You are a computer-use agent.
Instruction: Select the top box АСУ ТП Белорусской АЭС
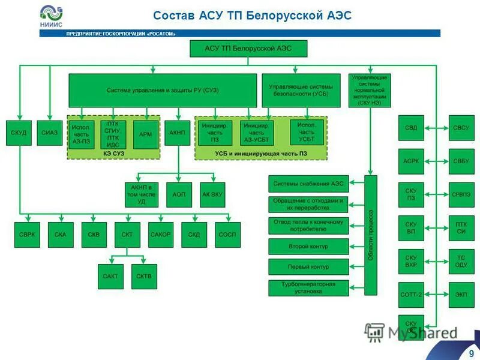248,49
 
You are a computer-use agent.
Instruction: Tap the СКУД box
19,132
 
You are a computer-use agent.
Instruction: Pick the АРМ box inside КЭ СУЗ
145,134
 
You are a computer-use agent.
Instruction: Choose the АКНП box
178,132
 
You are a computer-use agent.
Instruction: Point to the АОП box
179,195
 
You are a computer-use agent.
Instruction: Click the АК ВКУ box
212,195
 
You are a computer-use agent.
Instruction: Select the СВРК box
28,235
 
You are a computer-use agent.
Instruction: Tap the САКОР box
160,235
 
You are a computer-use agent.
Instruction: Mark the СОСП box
227,235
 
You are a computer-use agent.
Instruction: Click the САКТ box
110,277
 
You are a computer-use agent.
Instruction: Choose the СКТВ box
144,277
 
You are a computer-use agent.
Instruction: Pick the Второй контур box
308,246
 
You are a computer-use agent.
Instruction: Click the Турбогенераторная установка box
308,287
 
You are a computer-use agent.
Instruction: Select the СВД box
411,128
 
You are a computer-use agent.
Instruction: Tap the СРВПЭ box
461,195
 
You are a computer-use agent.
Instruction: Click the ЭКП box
461,295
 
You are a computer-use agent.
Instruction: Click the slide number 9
472,352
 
